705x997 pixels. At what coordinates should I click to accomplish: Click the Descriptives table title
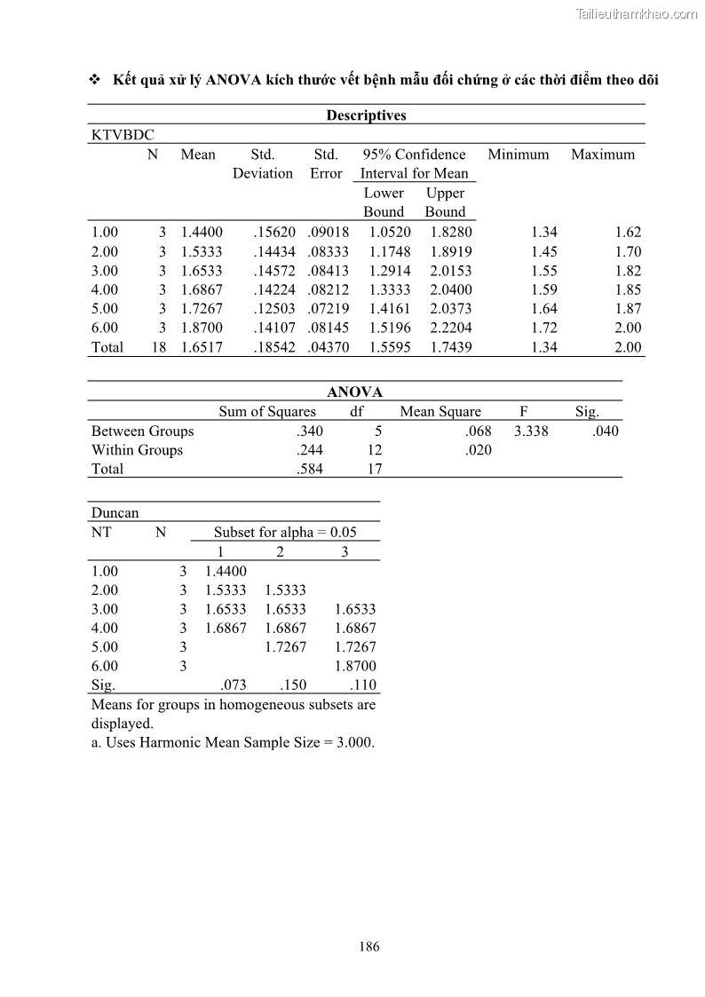[x=366, y=115]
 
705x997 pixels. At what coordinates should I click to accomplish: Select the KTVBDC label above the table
[x=123, y=135]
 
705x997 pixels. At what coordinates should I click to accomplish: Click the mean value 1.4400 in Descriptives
[x=202, y=233]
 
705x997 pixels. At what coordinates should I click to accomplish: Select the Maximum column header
[x=603, y=154]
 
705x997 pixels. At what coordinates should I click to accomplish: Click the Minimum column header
[x=519, y=154]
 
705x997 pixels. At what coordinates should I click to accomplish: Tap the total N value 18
[x=159, y=348]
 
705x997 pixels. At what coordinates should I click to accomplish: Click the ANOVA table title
[x=355, y=392]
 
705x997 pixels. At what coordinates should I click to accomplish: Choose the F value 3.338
[x=531, y=431]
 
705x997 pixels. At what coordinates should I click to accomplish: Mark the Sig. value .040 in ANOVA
[x=605, y=431]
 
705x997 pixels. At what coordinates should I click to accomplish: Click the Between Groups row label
[x=142, y=431]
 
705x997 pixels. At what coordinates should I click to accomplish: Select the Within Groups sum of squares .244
[x=310, y=450]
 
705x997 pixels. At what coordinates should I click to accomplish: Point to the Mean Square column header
[x=440, y=412]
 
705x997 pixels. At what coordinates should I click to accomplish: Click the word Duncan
[x=115, y=513]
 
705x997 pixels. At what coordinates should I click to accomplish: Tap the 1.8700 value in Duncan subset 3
[x=355, y=666]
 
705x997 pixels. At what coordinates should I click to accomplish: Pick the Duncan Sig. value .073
[x=234, y=685]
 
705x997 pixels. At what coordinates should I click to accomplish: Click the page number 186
[x=369, y=946]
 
